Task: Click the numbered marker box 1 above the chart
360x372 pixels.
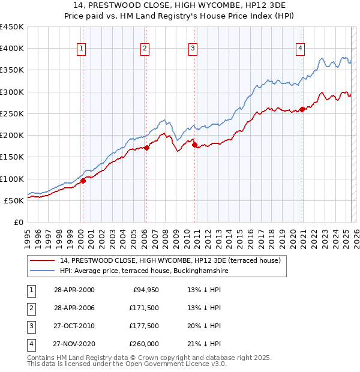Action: pos(81,49)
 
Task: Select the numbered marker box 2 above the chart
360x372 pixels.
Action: pos(145,49)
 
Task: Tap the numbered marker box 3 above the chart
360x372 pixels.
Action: pos(193,49)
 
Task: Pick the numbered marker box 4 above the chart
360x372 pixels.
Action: pos(300,49)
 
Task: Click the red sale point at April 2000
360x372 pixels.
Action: pos(83,181)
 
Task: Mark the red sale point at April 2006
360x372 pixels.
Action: pos(147,148)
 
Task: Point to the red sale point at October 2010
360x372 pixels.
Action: pos(194,145)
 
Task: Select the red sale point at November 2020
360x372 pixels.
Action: pos(302,109)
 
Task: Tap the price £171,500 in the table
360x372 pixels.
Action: pos(144,308)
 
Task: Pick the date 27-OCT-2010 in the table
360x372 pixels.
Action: pos(74,326)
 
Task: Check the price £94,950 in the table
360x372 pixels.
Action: pos(146,290)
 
